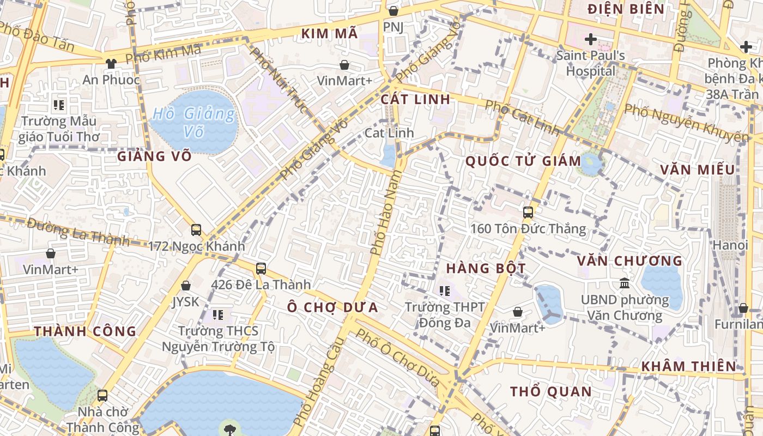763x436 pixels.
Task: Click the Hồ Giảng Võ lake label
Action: pyautogui.click(x=195, y=122)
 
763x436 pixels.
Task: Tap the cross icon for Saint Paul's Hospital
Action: pyautogui.click(x=590, y=39)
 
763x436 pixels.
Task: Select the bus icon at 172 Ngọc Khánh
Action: pyautogui.click(x=196, y=230)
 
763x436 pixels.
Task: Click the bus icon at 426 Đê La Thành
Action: pyautogui.click(x=261, y=268)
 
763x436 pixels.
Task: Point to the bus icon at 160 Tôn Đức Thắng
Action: pyautogui.click(x=528, y=212)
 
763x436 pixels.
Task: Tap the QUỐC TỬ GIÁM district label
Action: pyautogui.click(x=524, y=161)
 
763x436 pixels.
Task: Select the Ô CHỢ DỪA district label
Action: pyautogui.click(x=333, y=307)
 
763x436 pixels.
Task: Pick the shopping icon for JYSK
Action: pyautogui.click(x=186, y=286)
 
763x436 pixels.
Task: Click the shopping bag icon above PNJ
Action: pyautogui.click(x=393, y=10)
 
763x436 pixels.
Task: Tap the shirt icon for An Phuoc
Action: pyautogui.click(x=111, y=63)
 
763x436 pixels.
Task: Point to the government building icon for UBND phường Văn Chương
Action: pyautogui.click(x=625, y=283)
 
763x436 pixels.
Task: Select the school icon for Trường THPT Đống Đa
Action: pyautogui.click(x=445, y=291)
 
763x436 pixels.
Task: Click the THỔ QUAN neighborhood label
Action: pyautogui.click(x=550, y=391)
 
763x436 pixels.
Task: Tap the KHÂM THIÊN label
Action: pyautogui.click(x=689, y=366)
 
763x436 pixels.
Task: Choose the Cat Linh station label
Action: pyautogui.click(x=389, y=132)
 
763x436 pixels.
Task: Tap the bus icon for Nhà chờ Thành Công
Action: pyautogui.click(x=102, y=396)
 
